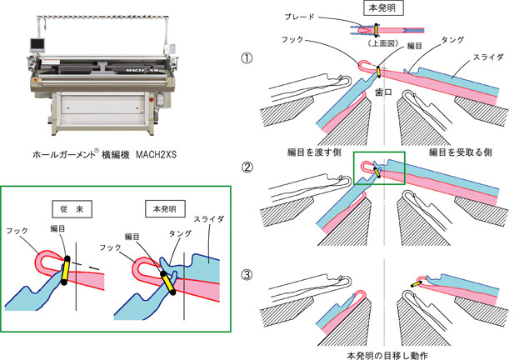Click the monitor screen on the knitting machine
point(36,44)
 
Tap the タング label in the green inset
point(176,237)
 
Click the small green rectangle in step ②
point(379,168)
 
